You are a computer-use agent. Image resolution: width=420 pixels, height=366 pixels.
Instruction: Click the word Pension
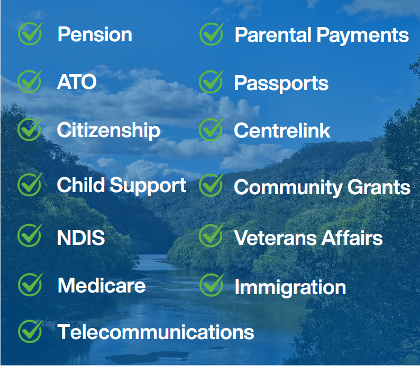(95, 34)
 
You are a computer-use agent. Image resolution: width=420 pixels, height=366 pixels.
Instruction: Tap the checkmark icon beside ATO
(30, 81)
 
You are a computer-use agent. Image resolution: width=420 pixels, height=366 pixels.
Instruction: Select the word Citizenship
(108, 131)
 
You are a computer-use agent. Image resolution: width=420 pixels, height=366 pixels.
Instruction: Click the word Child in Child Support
(80, 185)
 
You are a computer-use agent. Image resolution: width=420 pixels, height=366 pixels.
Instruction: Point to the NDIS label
(81, 237)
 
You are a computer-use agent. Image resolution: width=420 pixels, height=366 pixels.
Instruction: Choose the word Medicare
(102, 286)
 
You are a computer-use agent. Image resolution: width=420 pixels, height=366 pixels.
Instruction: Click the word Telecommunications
(156, 332)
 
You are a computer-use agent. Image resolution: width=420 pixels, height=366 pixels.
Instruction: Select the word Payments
(363, 36)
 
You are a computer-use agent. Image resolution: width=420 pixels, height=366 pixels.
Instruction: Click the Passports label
(281, 84)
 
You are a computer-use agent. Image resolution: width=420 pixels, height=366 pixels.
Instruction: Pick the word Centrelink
(282, 131)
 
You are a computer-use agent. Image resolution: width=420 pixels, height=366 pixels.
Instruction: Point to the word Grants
(379, 187)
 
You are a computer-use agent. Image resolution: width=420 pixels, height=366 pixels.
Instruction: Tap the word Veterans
(276, 238)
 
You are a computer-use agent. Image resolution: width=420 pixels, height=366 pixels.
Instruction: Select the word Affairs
(352, 237)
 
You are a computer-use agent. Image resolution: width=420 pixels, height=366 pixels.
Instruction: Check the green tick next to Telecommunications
(30, 331)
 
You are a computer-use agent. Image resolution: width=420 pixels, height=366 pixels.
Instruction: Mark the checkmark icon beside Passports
(211, 81)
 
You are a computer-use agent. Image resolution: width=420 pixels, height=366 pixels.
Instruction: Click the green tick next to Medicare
(30, 285)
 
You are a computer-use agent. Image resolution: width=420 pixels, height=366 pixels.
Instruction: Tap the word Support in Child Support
(148, 186)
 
